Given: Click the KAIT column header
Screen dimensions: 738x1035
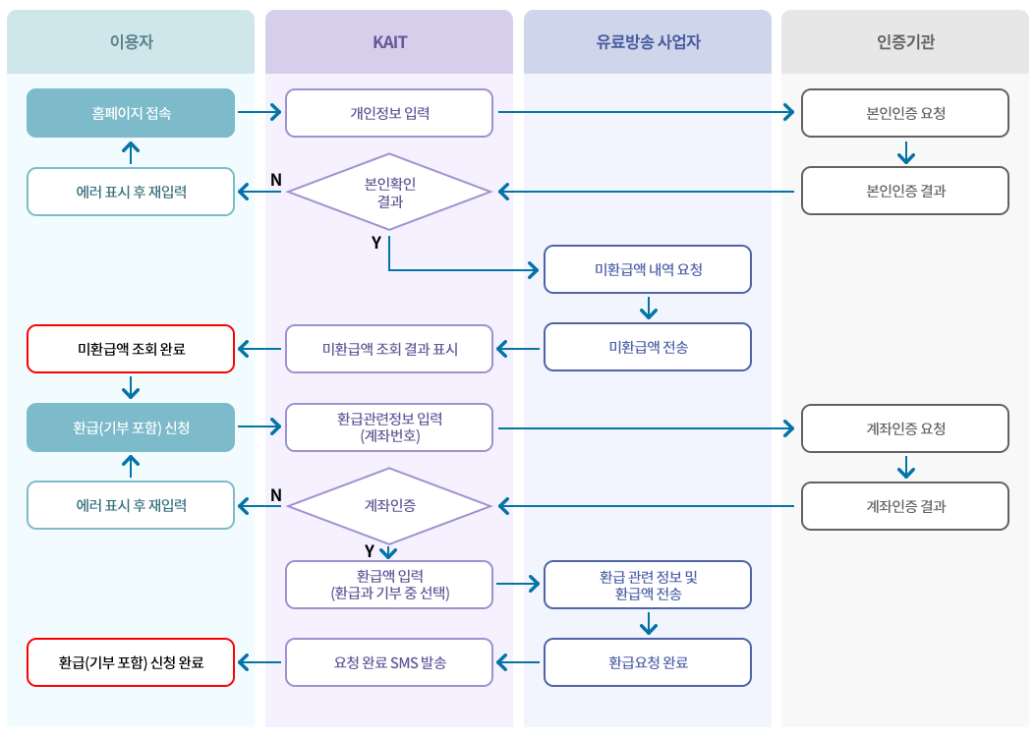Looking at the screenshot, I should tap(389, 42).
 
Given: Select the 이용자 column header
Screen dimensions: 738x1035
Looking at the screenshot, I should tap(131, 42).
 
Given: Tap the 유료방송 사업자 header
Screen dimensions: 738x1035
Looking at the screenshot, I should tap(648, 42).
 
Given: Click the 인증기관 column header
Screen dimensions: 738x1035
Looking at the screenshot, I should tap(905, 42).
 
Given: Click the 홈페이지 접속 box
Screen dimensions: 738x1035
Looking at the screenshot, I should tap(131, 113).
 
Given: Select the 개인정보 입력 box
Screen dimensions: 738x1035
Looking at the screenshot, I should tap(389, 113).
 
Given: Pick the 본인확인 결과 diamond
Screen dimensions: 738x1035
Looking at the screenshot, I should tap(389, 192).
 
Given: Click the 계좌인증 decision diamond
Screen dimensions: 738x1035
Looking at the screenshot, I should tap(389, 506).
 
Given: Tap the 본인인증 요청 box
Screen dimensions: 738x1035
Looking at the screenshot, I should tap(905, 113).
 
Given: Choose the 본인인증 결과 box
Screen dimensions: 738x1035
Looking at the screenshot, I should tap(905, 191).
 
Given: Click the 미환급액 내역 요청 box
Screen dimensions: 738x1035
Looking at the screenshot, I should tap(648, 269).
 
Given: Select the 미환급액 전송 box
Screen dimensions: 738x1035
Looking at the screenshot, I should tap(648, 347).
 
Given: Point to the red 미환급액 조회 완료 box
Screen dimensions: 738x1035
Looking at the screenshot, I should tap(131, 349).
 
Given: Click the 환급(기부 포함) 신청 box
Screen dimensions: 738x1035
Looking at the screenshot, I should tap(131, 427).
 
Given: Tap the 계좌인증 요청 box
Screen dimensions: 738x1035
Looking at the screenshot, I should tap(905, 428).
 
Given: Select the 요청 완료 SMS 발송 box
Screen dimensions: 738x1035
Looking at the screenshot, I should tap(389, 662).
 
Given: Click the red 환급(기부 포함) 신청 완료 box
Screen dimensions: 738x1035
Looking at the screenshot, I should tap(131, 662).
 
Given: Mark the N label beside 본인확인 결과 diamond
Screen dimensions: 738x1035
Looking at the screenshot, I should tap(276, 180).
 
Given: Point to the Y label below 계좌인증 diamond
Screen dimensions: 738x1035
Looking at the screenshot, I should tap(370, 551).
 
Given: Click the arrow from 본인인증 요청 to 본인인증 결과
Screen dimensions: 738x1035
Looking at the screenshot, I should tap(906, 152).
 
